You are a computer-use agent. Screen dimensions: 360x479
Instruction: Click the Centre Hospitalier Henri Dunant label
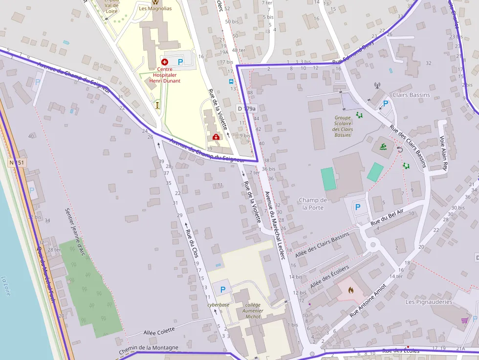(x=165, y=75)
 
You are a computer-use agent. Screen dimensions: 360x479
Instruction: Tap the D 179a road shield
(x=246, y=108)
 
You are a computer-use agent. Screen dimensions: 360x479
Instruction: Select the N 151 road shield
(x=17, y=162)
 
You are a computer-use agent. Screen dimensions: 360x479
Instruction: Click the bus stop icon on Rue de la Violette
(x=231, y=82)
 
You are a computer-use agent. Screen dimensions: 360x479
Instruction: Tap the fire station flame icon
(x=350, y=290)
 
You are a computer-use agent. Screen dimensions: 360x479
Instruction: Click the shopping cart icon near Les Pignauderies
(x=464, y=320)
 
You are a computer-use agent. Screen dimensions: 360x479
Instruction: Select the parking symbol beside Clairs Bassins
(x=385, y=104)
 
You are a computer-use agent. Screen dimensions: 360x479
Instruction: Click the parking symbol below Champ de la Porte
(x=357, y=207)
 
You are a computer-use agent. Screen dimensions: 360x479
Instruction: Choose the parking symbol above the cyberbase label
(x=223, y=290)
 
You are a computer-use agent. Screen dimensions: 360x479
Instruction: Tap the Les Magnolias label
(x=155, y=8)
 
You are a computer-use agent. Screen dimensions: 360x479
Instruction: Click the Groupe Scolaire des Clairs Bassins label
(x=343, y=126)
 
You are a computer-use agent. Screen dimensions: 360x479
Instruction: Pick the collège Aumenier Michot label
(x=253, y=311)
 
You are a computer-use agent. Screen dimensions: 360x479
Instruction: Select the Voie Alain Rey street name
(x=444, y=152)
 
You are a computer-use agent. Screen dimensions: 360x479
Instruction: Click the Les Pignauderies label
(x=429, y=302)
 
